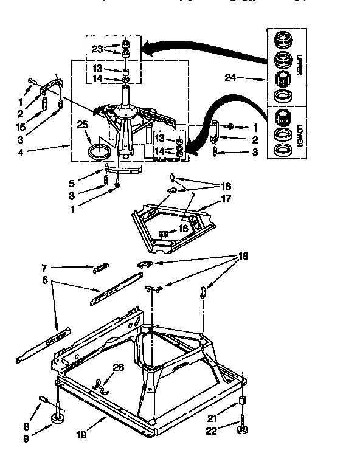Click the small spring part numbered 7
(101, 268)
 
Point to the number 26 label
(118, 367)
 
